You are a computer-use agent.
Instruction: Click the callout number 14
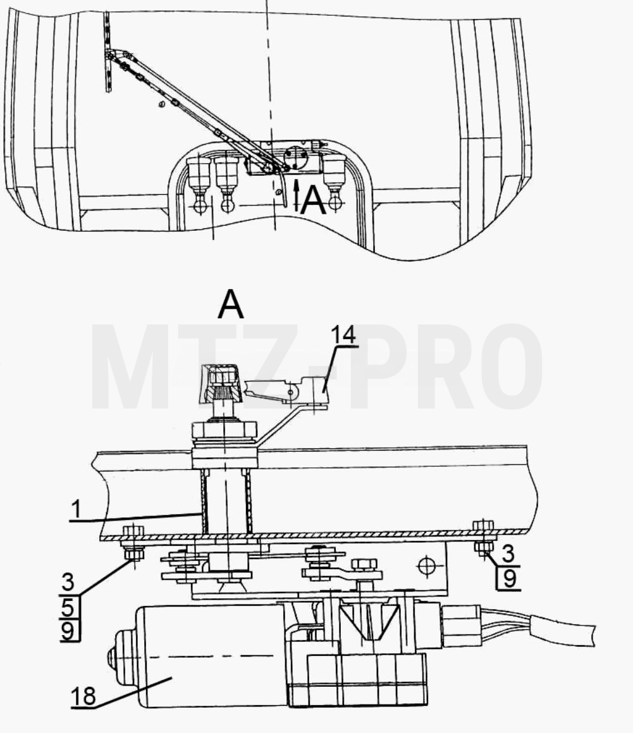click(343, 335)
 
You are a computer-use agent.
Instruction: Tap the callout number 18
click(83, 696)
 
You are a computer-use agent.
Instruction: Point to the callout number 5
click(68, 608)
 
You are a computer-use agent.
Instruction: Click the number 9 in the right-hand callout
click(509, 579)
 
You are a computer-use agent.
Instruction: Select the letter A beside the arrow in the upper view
click(313, 202)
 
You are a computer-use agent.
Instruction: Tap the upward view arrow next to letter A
click(295, 195)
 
